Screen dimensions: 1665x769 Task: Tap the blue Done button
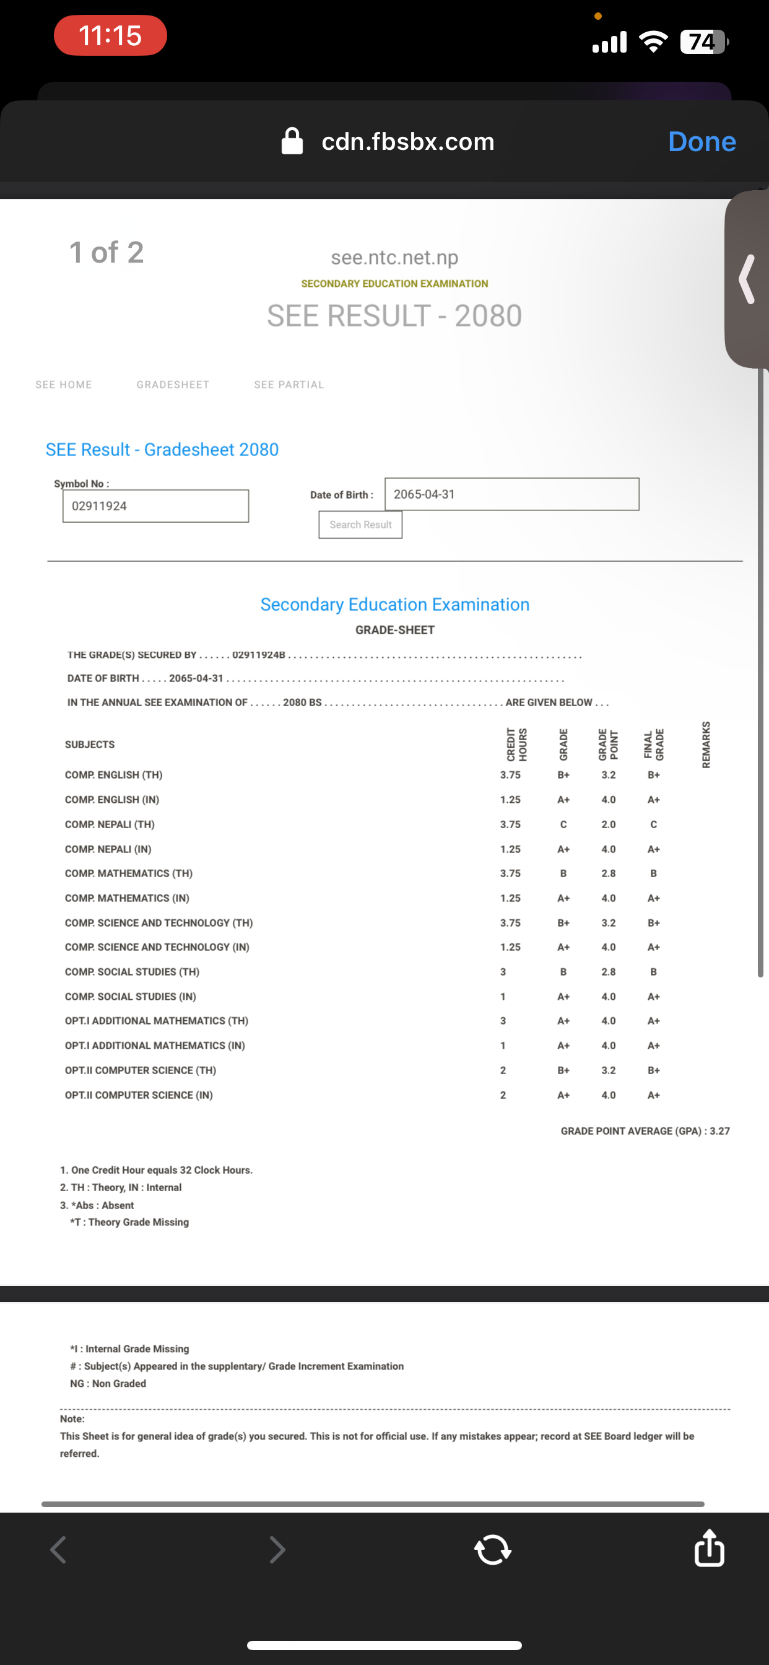click(702, 142)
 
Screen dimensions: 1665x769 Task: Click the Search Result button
click(360, 525)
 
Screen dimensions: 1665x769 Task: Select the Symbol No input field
click(156, 506)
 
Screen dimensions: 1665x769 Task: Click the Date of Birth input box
click(511, 494)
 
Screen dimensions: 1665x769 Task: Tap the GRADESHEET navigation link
click(173, 385)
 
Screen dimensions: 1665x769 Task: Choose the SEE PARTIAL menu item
click(289, 385)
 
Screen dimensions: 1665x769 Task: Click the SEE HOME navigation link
click(63, 385)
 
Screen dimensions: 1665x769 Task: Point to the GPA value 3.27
click(719, 1131)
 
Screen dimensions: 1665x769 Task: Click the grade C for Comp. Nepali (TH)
click(563, 824)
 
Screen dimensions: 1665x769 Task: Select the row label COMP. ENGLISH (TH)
click(114, 775)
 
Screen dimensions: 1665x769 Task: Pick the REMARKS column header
click(706, 745)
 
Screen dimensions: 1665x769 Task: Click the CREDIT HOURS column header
click(516, 745)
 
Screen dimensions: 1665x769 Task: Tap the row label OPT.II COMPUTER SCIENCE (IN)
click(139, 1095)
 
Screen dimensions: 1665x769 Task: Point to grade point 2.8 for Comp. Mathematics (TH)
click(608, 873)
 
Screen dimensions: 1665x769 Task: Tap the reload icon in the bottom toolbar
click(492, 1549)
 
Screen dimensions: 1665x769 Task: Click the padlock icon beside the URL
click(292, 142)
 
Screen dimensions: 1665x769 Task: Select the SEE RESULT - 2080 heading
click(394, 316)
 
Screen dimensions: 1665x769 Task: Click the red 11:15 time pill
click(110, 35)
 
